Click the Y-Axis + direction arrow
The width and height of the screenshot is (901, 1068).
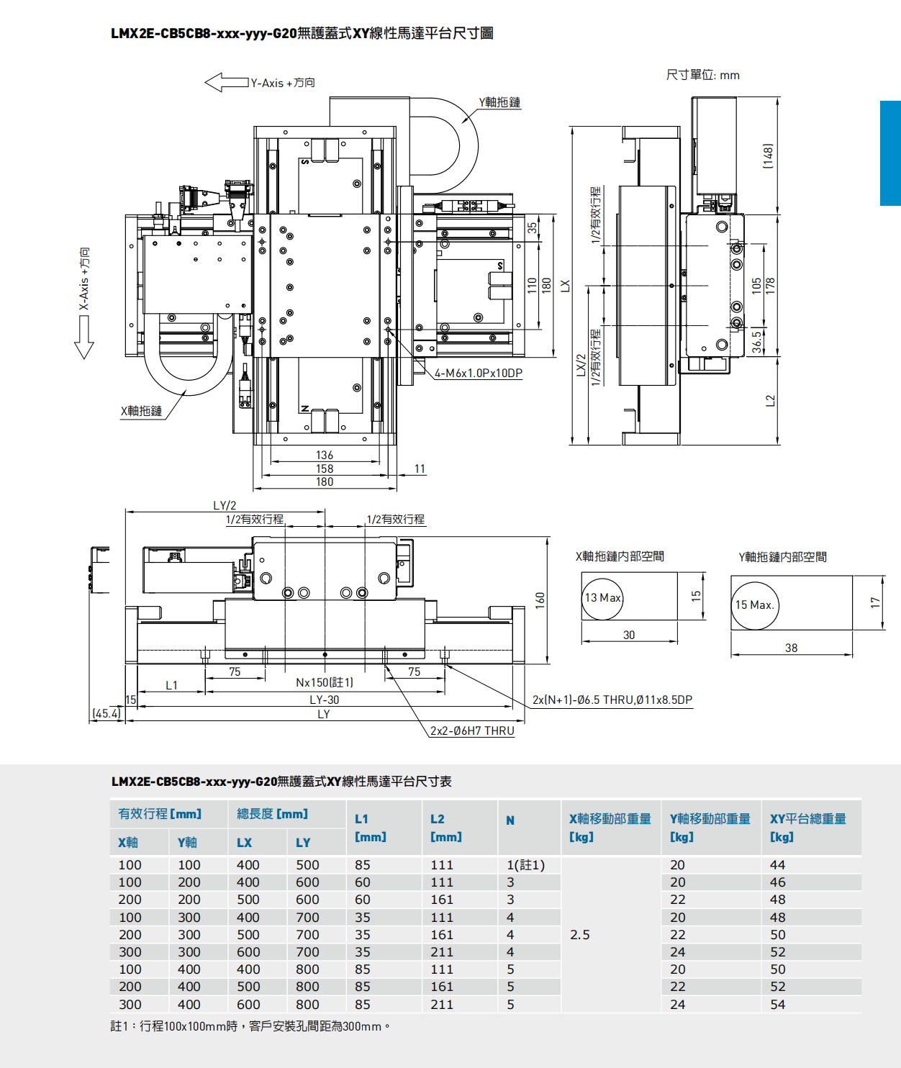[x=226, y=83]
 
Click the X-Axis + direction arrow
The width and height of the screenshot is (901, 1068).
[x=84, y=337]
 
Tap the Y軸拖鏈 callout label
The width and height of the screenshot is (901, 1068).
[x=499, y=102]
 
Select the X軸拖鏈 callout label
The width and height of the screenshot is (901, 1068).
[x=141, y=411]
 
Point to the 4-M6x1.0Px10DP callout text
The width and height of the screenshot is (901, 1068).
[x=479, y=373]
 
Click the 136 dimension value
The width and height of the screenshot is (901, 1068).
[x=325, y=455]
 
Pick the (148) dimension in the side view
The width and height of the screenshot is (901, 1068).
[x=768, y=156]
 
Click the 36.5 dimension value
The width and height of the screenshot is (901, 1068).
[x=757, y=342]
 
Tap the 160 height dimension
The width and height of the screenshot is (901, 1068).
[x=540, y=600]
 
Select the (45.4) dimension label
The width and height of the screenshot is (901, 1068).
[x=107, y=713]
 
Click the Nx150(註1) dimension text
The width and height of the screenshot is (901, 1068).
[x=325, y=682]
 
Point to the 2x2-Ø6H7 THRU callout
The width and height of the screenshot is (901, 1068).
[x=472, y=730]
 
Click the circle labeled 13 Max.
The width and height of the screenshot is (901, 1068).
[x=602, y=598]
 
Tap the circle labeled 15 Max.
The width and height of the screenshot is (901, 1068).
[x=755, y=605]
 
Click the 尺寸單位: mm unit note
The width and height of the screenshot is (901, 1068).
[x=702, y=75]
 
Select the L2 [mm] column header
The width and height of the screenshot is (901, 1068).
[x=445, y=828]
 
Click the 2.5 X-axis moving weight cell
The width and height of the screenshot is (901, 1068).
[x=580, y=934]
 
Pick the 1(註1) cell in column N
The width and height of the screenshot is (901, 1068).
[x=526, y=865]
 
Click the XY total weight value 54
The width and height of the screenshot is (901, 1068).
[x=778, y=1004]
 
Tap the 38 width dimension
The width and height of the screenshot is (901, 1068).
[x=791, y=648]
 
